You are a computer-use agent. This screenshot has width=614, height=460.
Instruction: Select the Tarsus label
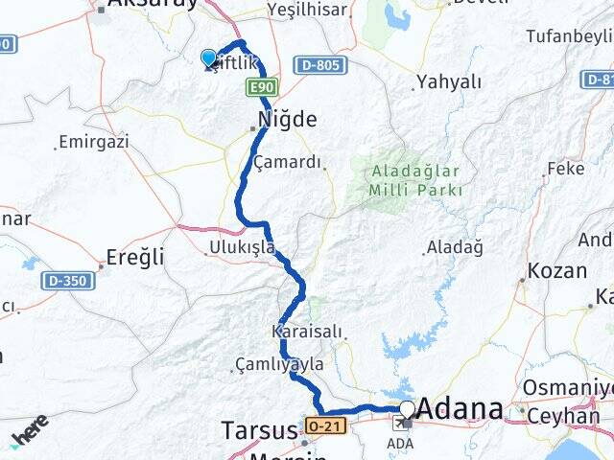point(259,429)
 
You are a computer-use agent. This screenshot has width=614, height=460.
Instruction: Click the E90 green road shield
point(262,88)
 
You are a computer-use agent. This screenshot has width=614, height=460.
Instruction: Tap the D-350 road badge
point(68,281)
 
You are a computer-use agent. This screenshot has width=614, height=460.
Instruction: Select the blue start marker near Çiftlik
point(209,58)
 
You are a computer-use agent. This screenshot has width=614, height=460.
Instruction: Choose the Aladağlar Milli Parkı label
point(415,180)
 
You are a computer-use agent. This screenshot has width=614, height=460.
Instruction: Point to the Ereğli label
point(135,257)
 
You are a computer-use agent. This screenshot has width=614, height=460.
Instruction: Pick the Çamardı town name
point(288,162)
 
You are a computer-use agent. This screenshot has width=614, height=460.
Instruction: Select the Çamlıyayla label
point(279,365)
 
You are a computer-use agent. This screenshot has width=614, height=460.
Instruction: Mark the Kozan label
point(557,270)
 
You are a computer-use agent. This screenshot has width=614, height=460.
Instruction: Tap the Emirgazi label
point(93,142)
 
